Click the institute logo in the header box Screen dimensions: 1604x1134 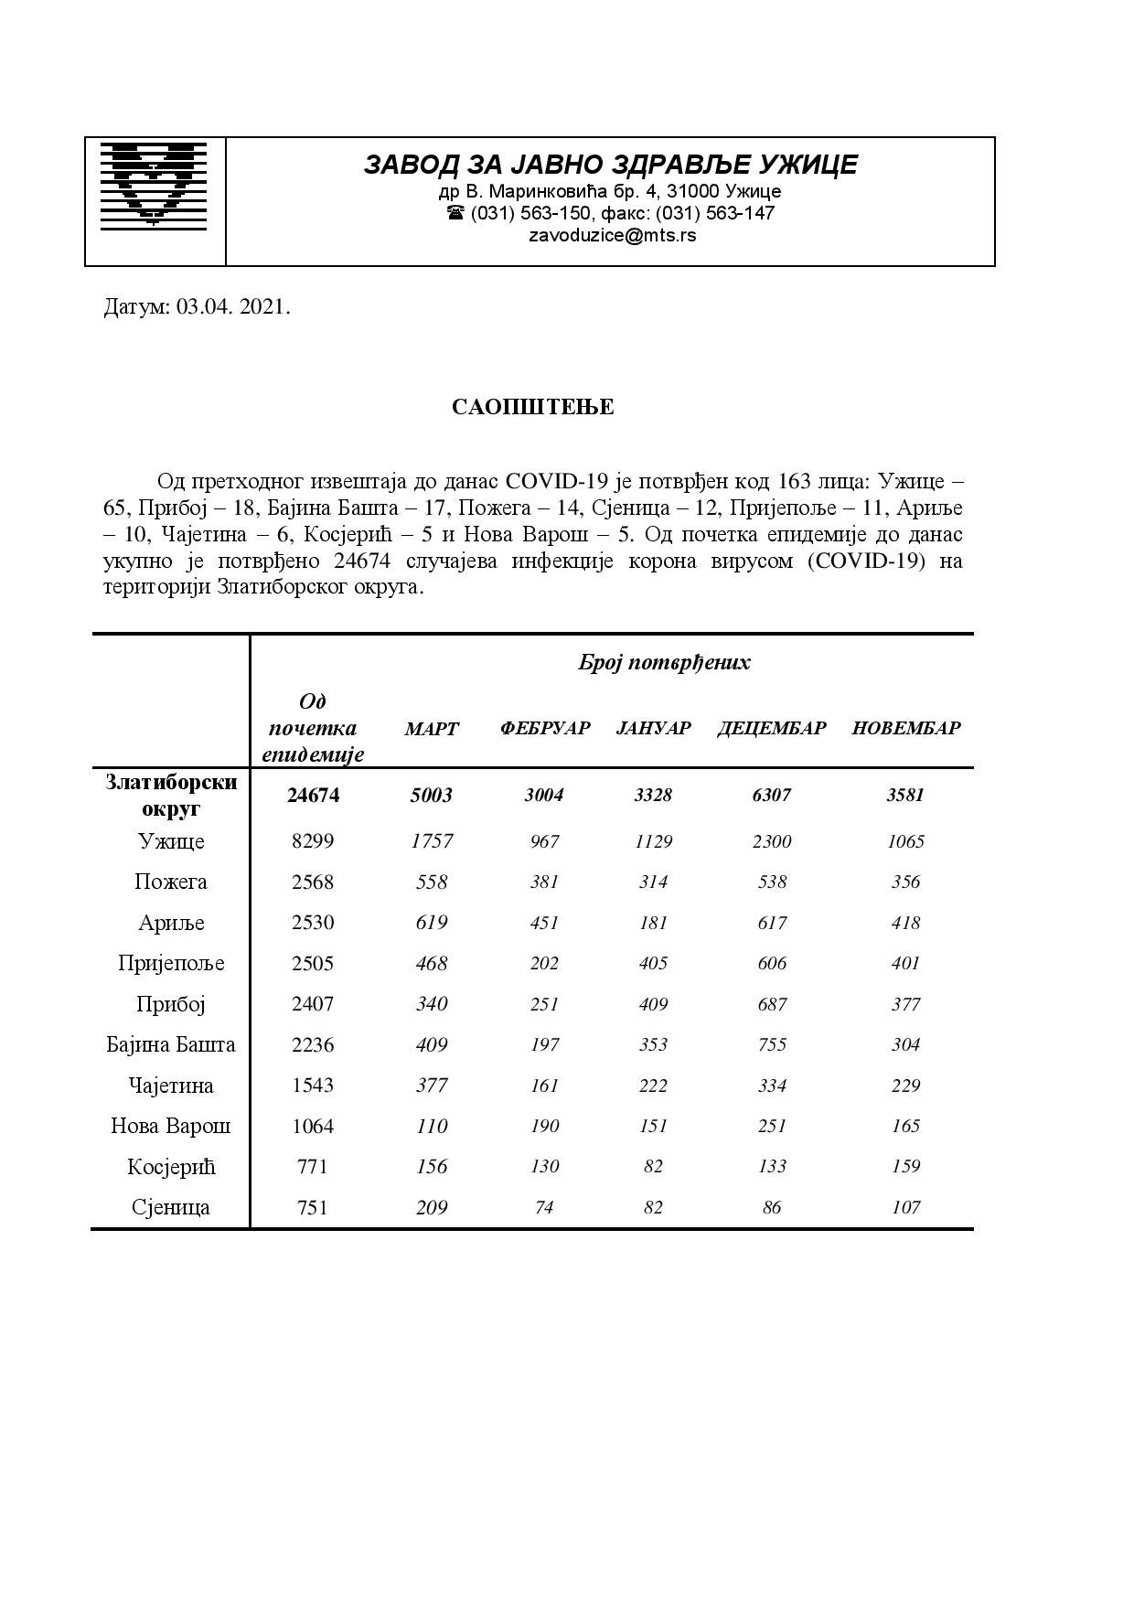click(154, 185)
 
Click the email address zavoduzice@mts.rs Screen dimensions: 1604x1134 click(612, 235)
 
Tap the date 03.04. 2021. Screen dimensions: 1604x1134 click(233, 307)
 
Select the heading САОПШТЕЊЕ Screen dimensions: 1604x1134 click(532, 407)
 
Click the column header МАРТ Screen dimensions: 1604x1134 click(432, 729)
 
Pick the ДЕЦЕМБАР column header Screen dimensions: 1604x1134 click(771, 729)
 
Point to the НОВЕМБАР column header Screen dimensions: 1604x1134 click(905, 729)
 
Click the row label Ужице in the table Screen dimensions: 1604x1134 click(171, 841)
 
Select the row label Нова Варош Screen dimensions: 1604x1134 click(171, 1126)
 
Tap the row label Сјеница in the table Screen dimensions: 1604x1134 click(171, 1207)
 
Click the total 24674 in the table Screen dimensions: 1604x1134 click(313, 796)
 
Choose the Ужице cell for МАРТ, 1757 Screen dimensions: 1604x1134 click(432, 841)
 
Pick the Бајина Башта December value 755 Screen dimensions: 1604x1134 click(771, 1044)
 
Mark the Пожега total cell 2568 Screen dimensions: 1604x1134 click(313, 882)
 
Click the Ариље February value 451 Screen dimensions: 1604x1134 click(544, 923)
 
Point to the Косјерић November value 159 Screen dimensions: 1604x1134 click(905, 1167)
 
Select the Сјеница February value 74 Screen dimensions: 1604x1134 click(544, 1207)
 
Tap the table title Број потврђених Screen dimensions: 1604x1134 click(664, 662)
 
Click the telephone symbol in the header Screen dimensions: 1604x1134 click(455, 213)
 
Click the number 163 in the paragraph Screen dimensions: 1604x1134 click(794, 481)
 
